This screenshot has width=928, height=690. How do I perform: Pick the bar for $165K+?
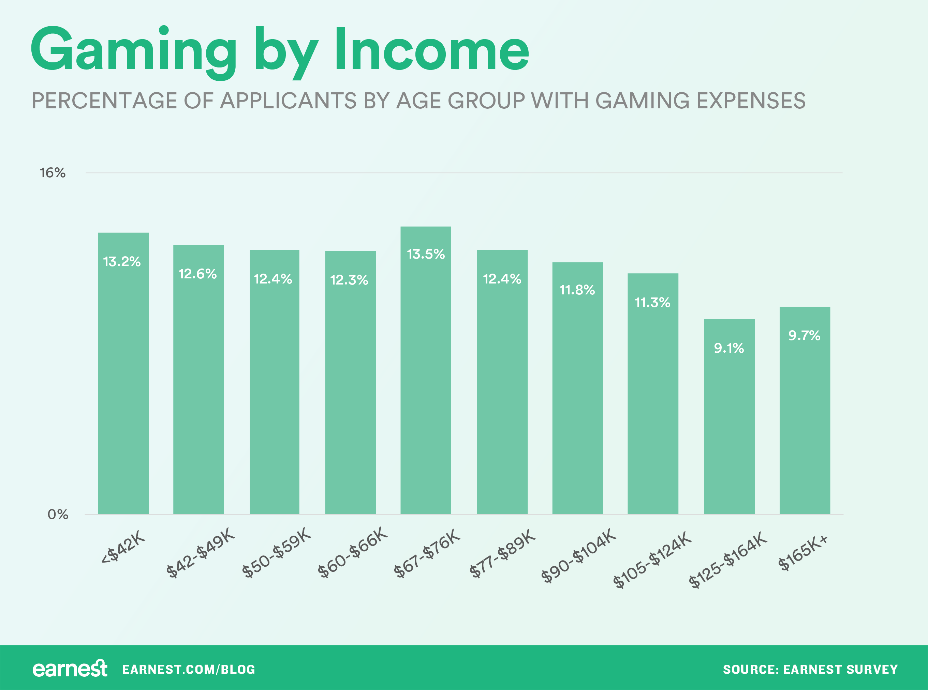pos(805,418)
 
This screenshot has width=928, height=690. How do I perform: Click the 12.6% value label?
pos(197,274)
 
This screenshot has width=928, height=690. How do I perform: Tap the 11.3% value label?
pos(652,302)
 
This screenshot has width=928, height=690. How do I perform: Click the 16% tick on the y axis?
pos(53,173)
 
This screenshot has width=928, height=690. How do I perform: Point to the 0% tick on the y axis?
pos(58,514)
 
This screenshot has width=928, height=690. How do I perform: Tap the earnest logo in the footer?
pos(70,669)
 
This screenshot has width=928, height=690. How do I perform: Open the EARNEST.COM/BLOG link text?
pos(189,670)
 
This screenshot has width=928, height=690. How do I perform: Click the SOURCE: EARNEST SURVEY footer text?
pos(810,670)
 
